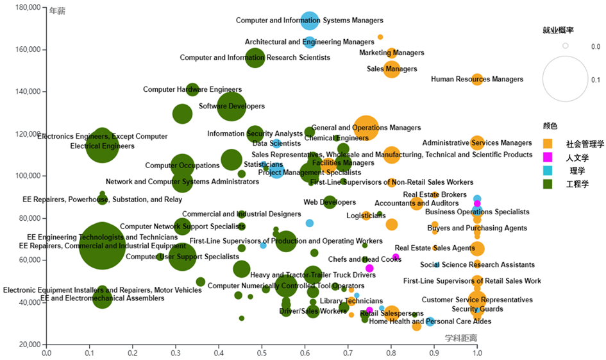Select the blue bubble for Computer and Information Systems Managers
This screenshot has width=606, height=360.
310,21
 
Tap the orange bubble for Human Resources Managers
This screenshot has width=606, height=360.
477,80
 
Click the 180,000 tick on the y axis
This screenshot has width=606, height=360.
28,8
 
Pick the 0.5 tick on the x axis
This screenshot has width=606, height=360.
262,353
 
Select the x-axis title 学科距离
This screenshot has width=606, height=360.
460,338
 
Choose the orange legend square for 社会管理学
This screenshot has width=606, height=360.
547,144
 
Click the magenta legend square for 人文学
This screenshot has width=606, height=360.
547,157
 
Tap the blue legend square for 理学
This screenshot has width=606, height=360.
547,171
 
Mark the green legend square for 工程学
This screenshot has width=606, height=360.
547,184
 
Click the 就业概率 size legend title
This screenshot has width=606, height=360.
558,30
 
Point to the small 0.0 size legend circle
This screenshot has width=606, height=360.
566,46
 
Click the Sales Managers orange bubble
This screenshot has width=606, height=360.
391,69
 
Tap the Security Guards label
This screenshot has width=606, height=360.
477,309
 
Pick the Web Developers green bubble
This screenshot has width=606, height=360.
330,202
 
